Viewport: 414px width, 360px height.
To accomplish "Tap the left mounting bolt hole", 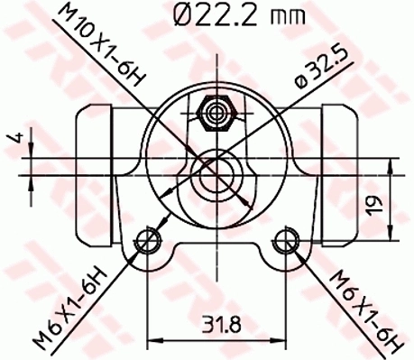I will click(x=144, y=240).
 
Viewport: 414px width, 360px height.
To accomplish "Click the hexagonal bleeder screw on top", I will click(x=216, y=112).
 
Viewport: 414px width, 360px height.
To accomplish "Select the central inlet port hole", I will click(x=215, y=171).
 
